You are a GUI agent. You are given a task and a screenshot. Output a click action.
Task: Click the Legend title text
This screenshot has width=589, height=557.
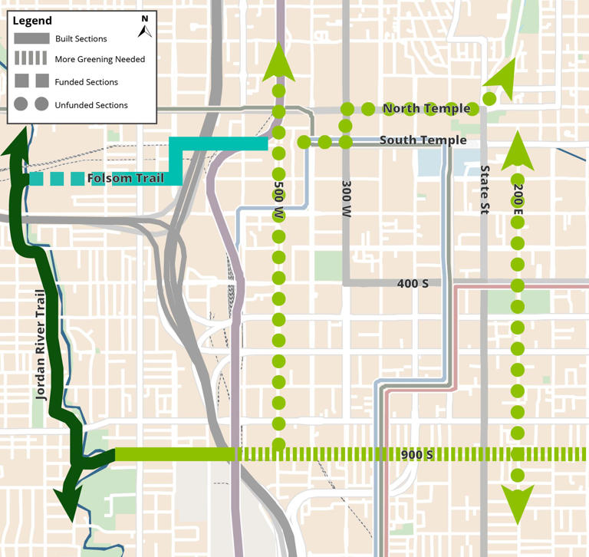33,21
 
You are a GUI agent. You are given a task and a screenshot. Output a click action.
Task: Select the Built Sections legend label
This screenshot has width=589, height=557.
81,38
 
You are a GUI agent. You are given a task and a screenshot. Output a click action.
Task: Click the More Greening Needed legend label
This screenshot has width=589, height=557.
100,59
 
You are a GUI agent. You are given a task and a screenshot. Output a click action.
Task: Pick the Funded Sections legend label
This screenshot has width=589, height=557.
87,82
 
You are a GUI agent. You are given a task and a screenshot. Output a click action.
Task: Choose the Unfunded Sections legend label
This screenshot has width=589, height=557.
91,105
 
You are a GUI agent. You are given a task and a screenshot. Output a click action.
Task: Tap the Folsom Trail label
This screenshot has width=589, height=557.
125,180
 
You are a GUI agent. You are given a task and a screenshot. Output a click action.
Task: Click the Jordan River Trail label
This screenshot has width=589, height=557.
41,345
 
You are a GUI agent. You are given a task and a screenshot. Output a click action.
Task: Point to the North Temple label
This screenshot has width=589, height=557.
426,109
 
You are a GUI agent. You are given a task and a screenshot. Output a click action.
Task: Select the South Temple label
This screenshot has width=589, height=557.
423,140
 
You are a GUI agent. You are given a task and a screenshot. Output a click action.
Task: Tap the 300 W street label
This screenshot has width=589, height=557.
346,198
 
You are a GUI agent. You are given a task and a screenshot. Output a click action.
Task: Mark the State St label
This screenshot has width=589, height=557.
484,190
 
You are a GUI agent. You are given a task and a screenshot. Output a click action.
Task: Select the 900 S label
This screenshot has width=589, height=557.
417,455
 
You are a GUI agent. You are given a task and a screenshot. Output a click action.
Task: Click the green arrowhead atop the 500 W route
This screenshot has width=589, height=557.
278,64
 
